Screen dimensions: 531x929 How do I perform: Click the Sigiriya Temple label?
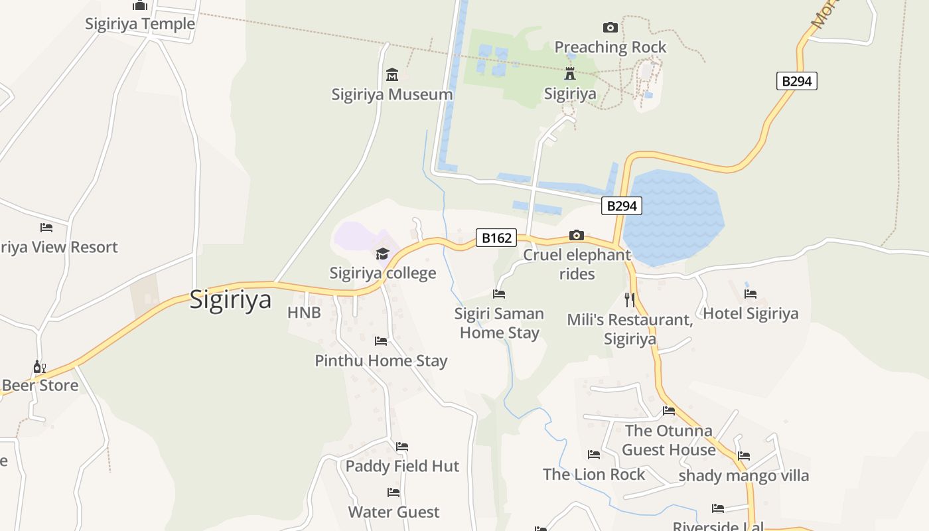140,24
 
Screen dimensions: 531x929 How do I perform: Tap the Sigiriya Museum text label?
392,94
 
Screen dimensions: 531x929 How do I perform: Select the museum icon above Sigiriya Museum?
392,74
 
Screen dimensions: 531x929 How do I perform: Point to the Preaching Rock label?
610,47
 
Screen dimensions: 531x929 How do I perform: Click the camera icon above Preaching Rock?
610,27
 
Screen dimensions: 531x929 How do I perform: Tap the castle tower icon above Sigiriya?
569,73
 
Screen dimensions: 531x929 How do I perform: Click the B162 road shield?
496,238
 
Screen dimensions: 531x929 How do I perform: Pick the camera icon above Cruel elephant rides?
577,235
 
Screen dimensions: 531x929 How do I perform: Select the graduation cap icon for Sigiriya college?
382,254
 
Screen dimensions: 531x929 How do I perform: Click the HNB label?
304,313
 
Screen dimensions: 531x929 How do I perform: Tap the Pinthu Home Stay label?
381,360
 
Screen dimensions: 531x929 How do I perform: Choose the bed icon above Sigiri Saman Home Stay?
499,293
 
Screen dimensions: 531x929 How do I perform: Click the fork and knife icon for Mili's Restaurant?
630,299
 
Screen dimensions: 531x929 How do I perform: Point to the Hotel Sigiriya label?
750,313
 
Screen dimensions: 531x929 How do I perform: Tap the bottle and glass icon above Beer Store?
40,366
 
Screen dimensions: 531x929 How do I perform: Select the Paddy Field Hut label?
402,466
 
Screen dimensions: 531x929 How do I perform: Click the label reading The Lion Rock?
594,474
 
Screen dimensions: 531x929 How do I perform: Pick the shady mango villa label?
744,476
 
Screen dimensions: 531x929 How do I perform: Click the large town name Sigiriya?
230,299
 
